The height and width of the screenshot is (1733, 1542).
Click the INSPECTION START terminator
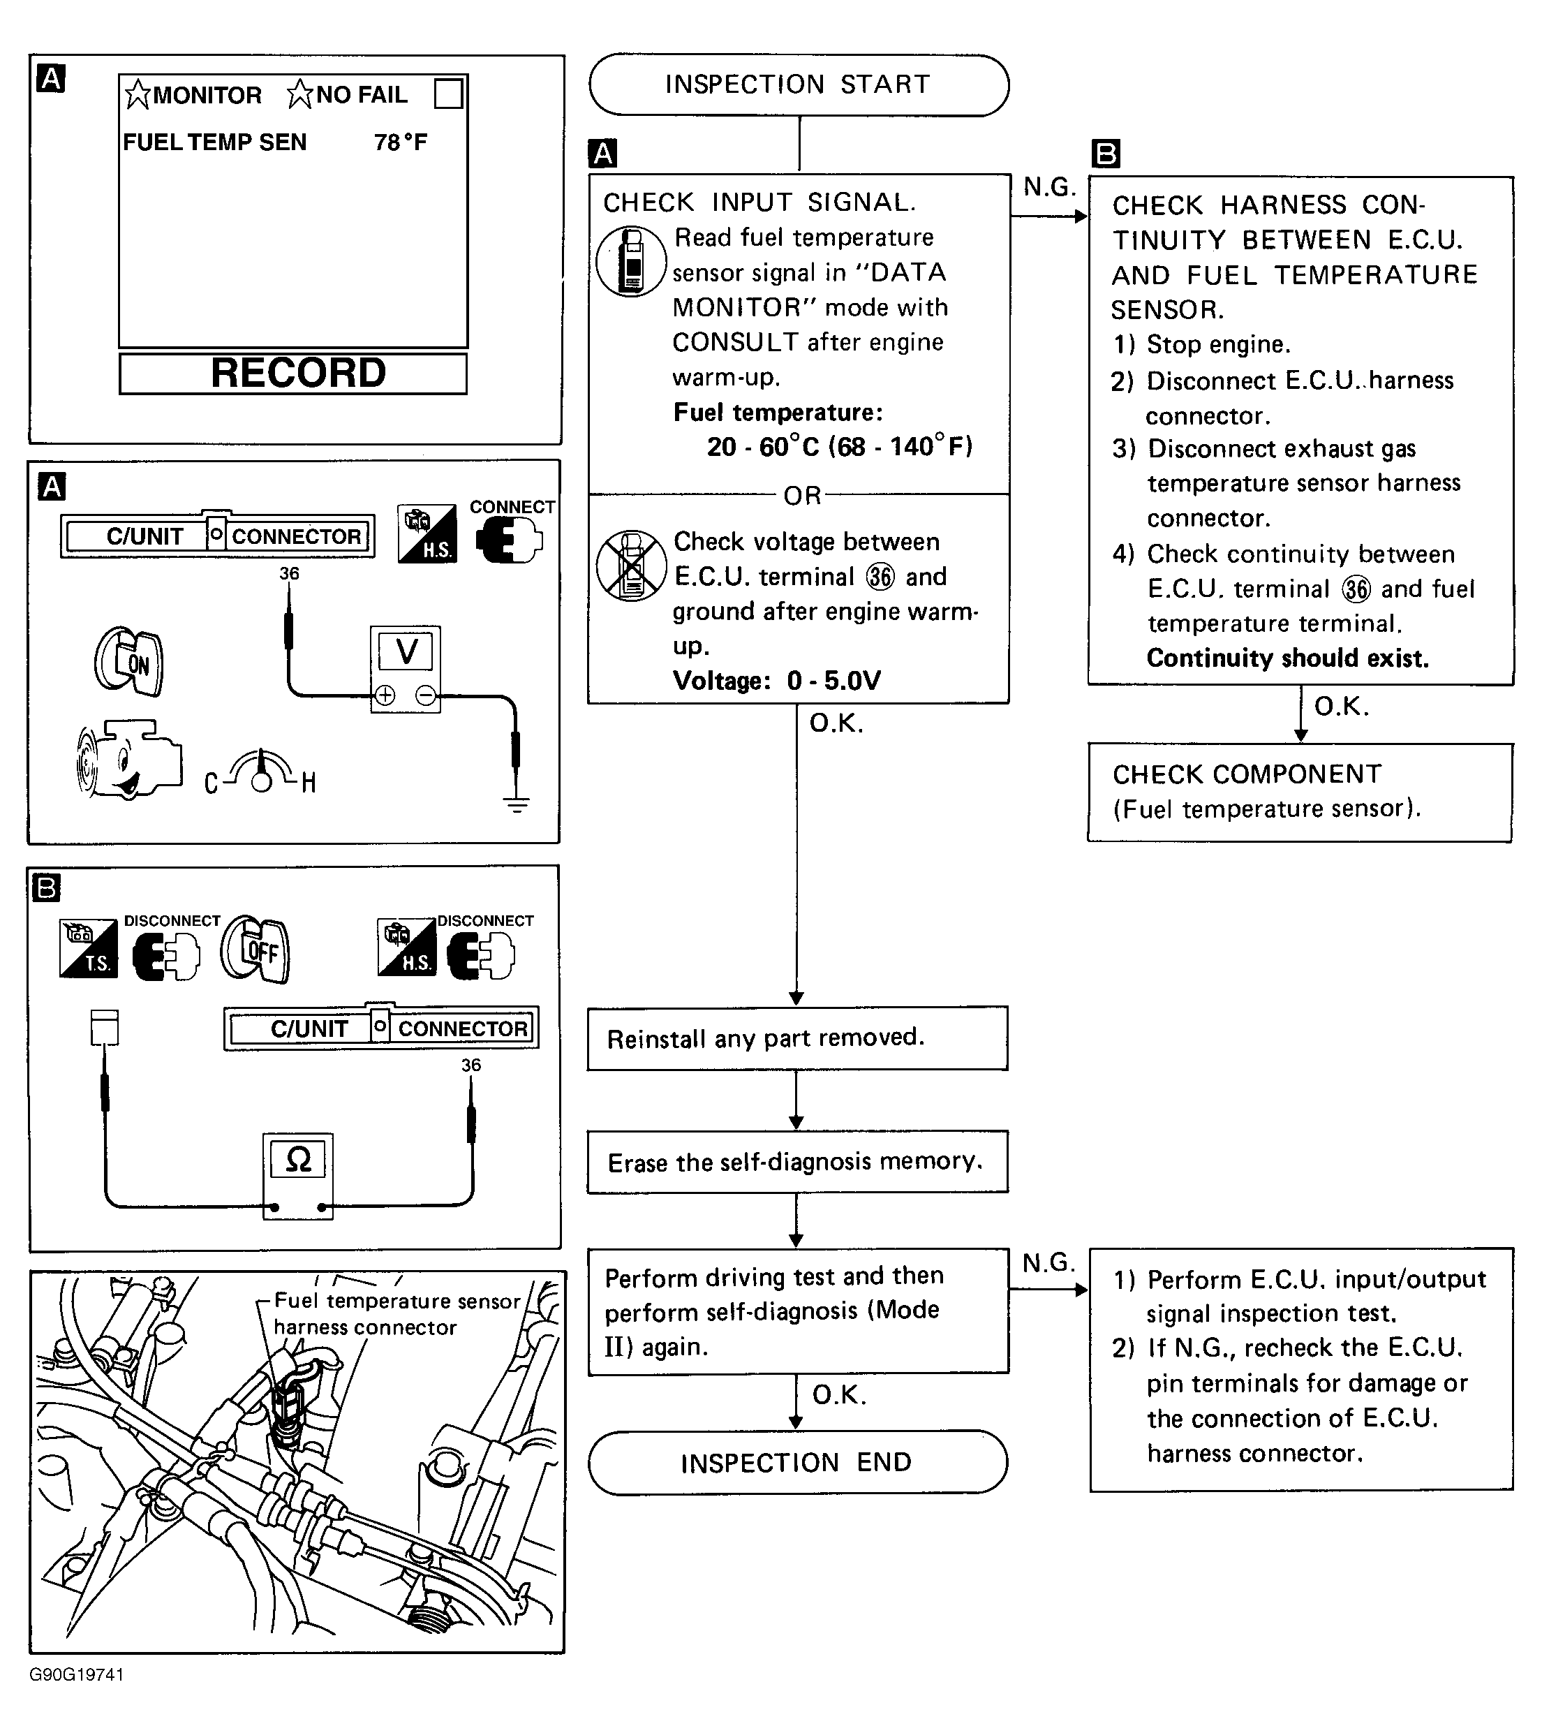pos(799,84)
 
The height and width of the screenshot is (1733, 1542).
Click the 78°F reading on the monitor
pos(400,142)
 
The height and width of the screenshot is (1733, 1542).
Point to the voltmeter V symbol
pos(406,652)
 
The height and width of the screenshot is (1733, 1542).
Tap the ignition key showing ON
pos(130,661)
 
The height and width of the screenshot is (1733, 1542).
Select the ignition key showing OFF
pos(256,950)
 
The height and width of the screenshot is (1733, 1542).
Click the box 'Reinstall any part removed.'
pos(797,1038)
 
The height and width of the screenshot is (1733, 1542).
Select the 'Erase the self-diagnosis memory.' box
pos(797,1162)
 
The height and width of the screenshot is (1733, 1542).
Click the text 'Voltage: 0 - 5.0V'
pos(776,681)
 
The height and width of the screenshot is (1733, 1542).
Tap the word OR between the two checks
pos(802,495)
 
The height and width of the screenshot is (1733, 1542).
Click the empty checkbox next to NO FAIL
pos(447,94)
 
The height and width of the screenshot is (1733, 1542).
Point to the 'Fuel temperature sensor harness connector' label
pos(396,1313)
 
